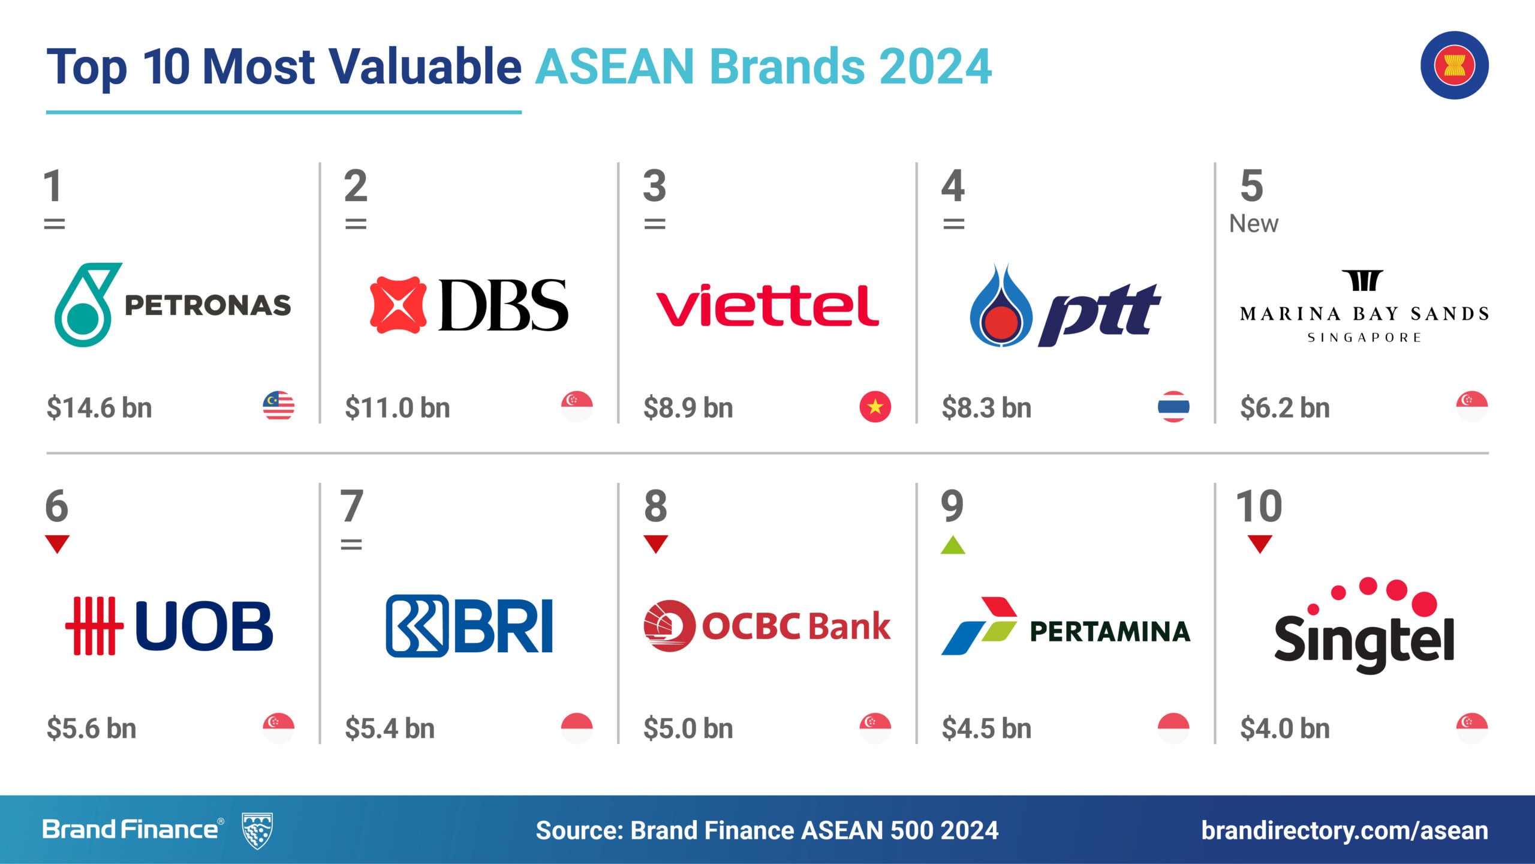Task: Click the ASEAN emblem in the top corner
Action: [1454, 65]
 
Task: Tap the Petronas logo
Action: [173, 305]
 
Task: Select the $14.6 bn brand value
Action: [99, 407]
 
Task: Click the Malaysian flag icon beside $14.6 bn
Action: [279, 406]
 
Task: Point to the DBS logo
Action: [469, 305]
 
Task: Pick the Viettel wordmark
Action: [767, 305]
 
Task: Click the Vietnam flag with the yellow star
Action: [875, 406]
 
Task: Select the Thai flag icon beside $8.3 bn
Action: [1173, 406]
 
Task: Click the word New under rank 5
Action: [1254, 224]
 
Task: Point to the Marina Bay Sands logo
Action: [1364, 306]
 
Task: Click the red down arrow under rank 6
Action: [58, 544]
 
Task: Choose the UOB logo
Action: [169, 625]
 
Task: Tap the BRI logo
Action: [469, 626]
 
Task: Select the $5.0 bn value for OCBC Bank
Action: [688, 728]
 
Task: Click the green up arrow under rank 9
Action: [953, 545]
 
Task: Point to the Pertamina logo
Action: [1066, 626]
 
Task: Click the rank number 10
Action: [1259, 506]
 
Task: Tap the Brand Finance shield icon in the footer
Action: [257, 830]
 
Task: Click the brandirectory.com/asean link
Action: [1344, 830]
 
